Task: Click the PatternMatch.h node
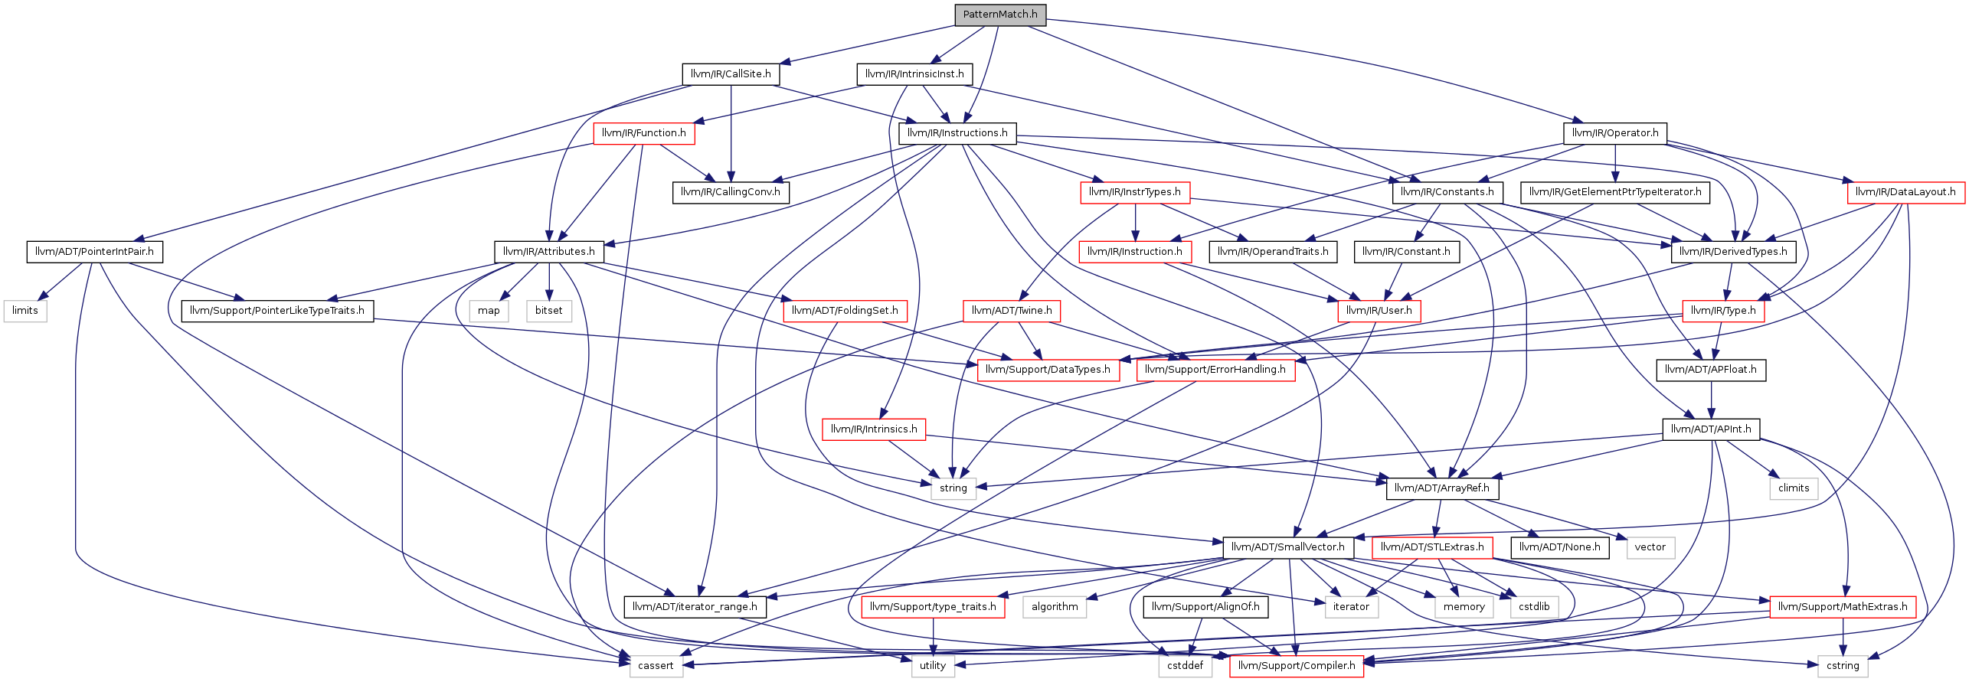pos(1000,15)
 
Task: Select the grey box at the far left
pos(25,312)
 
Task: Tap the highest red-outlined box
pos(643,134)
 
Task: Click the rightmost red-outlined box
pos(1906,193)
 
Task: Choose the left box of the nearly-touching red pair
pos(1048,370)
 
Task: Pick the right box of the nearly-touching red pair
pos(1215,370)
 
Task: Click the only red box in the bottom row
pos(1297,667)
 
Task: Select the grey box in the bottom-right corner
pos(1843,667)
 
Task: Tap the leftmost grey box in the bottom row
pos(656,667)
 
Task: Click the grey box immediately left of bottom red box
pos(1185,667)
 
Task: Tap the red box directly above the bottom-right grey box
pos(1843,607)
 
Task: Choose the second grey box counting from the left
pos(489,312)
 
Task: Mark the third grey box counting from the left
pos(549,312)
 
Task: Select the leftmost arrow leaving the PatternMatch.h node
pos(865,44)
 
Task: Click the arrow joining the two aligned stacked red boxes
pos(1135,223)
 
